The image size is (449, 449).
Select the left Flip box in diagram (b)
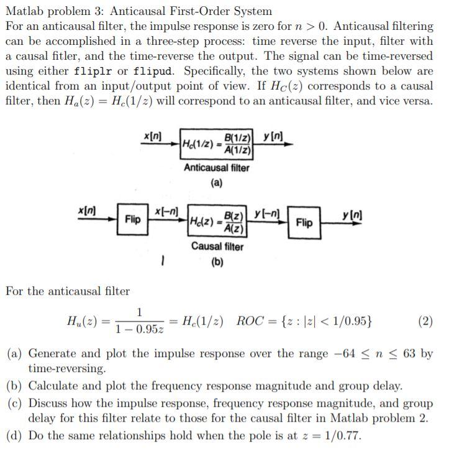tap(132, 220)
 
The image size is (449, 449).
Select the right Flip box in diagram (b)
tap(304, 222)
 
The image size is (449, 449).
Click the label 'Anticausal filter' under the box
tap(216, 168)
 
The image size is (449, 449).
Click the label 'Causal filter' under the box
tap(217, 246)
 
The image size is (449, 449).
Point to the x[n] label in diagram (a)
tap(153, 136)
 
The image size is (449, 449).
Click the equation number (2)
tap(425, 321)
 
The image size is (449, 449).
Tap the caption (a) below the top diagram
tap(216, 183)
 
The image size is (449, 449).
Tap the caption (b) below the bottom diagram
tap(217, 262)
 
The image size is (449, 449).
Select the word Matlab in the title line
tap(25, 11)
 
